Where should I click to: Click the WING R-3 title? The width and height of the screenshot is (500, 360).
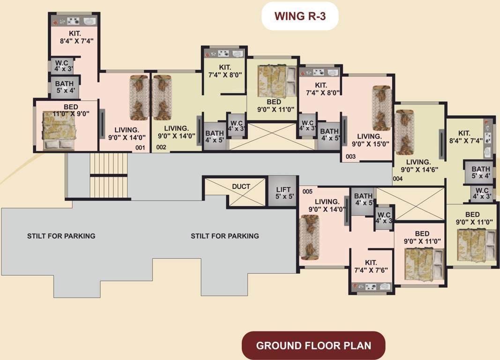pyautogui.click(x=300, y=16)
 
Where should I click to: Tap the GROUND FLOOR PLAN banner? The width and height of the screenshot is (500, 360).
pyautogui.click(x=313, y=346)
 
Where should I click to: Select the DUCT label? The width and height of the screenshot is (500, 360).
pyautogui.click(x=241, y=187)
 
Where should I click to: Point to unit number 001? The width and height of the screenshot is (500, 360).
pyautogui.click(x=140, y=148)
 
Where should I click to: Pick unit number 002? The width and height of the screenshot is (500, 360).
pyautogui.click(x=161, y=147)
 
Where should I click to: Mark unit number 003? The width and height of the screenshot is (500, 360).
pyautogui.click(x=351, y=157)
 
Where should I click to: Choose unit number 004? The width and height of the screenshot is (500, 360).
pyautogui.click(x=397, y=179)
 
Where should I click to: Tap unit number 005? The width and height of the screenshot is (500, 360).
pyautogui.click(x=307, y=192)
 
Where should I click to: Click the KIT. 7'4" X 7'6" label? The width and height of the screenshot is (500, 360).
pyautogui.click(x=373, y=267)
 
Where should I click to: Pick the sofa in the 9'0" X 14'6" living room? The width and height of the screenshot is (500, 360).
pyautogui.click(x=403, y=132)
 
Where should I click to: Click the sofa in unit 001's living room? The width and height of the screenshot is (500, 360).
pyautogui.click(x=139, y=97)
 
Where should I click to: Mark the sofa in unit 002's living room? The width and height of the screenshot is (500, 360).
pyautogui.click(x=161, y=97)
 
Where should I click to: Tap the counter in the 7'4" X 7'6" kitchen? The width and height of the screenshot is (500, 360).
pyautogui.click(x=373, y=286)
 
